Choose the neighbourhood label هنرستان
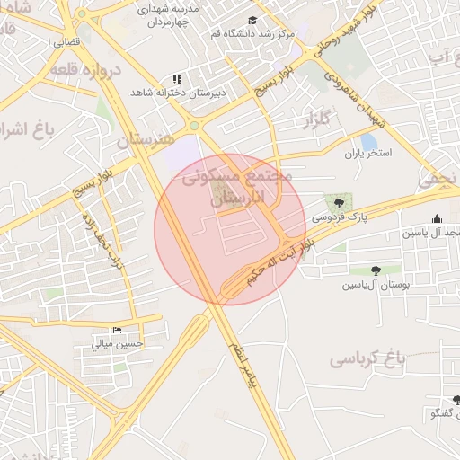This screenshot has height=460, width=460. coord(145,140)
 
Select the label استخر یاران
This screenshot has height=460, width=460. coord(369,154)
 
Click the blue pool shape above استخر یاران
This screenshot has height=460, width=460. coord(369,141)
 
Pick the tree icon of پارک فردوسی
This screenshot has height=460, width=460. coord(339,203)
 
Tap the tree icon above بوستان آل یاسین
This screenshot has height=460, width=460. coord(375,270)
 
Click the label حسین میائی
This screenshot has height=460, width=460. coord(120,343)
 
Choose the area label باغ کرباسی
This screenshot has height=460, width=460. coord(367,359)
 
